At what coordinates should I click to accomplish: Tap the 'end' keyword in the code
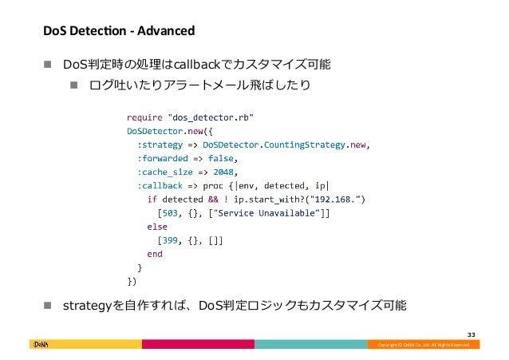pyautogui.click(x=155, y=254)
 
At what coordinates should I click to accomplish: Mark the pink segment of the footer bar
pyautogui.click(x=198, y=344)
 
